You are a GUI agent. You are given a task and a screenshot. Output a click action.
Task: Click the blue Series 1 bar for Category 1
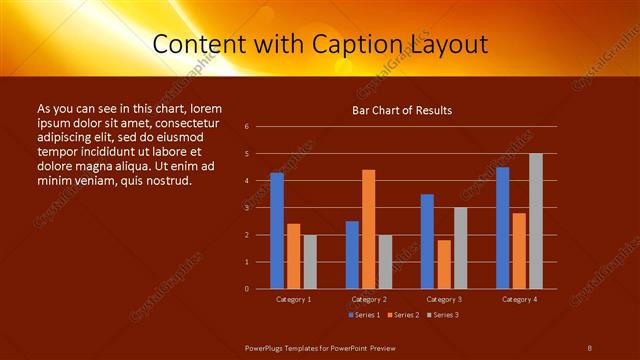(x=277, y=231)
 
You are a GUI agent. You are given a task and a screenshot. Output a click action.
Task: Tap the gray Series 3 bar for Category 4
(x=536, y=221)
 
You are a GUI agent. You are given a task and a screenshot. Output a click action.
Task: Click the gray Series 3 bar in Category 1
(x=310, y=262)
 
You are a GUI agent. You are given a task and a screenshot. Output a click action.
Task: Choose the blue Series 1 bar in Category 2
(x=352, y=255)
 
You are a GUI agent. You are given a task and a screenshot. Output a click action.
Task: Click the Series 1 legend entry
(x=363, y=314)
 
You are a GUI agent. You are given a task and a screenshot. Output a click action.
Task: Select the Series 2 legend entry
(x=401, y=314)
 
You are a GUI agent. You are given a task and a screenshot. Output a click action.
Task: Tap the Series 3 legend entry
(x=441, y=314)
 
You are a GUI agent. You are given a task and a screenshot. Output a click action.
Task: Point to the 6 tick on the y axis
(x=261, y=127)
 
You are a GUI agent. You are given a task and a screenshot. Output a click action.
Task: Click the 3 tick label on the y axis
(x=261, y=208)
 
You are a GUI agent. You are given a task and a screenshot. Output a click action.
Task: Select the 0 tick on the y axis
(x=261, y=289)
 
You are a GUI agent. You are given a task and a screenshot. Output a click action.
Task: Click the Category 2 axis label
(x=368, y=299)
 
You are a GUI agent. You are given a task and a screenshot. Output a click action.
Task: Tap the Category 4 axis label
(x=518, y=299)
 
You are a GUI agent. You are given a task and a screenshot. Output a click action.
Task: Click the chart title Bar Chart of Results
(x=402, y=110)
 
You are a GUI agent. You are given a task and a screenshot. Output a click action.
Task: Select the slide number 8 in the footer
(x=589, y=347)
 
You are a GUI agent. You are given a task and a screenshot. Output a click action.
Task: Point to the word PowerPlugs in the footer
(x=265, y=347)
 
